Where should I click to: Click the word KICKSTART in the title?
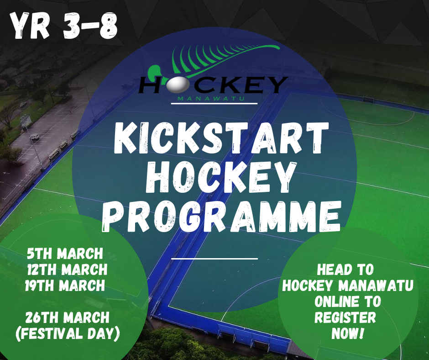coord(221,138)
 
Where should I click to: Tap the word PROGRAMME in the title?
coord(222,217)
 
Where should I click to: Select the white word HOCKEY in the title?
coord(221,177)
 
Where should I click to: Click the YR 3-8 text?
coord(63,26)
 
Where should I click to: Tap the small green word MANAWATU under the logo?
coord(211,98)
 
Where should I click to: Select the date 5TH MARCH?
coord(65,254)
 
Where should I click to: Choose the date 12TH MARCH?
coord(67,270)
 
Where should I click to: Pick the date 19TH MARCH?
coord(65,286)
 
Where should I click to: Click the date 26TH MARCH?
coord(67,318)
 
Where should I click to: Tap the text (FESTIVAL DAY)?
coord(68,334)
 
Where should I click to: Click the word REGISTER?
coord(345,318)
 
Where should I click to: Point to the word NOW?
coord(347,334)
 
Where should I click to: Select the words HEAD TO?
coord(345,270)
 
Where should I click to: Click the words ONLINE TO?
coord(347,302)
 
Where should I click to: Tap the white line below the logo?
coord(214,104)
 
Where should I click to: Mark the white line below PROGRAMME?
coord(214,259)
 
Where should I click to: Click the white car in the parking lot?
coord(35,137)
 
